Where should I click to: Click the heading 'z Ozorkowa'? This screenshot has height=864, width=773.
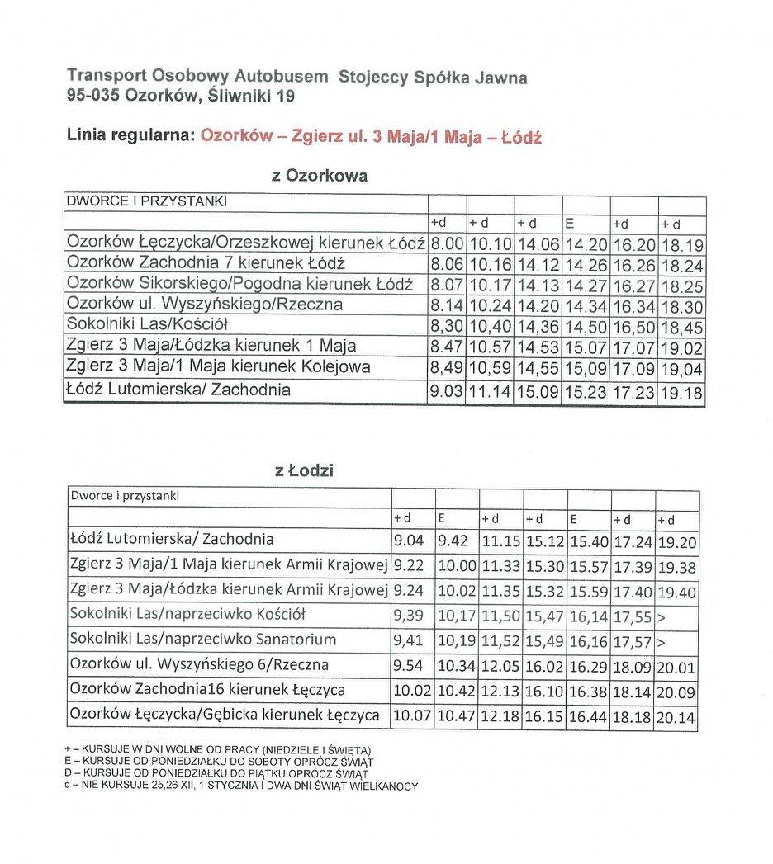pos(320,176)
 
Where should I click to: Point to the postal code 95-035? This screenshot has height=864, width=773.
pos(94,96)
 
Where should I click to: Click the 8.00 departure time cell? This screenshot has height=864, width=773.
pos(447,244)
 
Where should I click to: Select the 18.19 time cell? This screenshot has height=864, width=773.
pos(681,244)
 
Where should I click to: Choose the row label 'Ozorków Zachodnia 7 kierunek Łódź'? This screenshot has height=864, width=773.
pos(206,264)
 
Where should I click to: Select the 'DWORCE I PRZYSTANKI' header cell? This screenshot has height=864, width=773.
pos(147,201)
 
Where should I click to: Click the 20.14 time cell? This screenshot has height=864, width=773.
pos(676,717)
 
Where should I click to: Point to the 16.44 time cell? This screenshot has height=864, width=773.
pos(589,717)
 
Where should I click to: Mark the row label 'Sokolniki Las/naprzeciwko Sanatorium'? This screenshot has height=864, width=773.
pos(203,639)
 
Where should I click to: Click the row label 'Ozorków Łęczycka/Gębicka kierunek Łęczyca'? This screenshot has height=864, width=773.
pos(225,715)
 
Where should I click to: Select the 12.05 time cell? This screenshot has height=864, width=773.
pos(499,666)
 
